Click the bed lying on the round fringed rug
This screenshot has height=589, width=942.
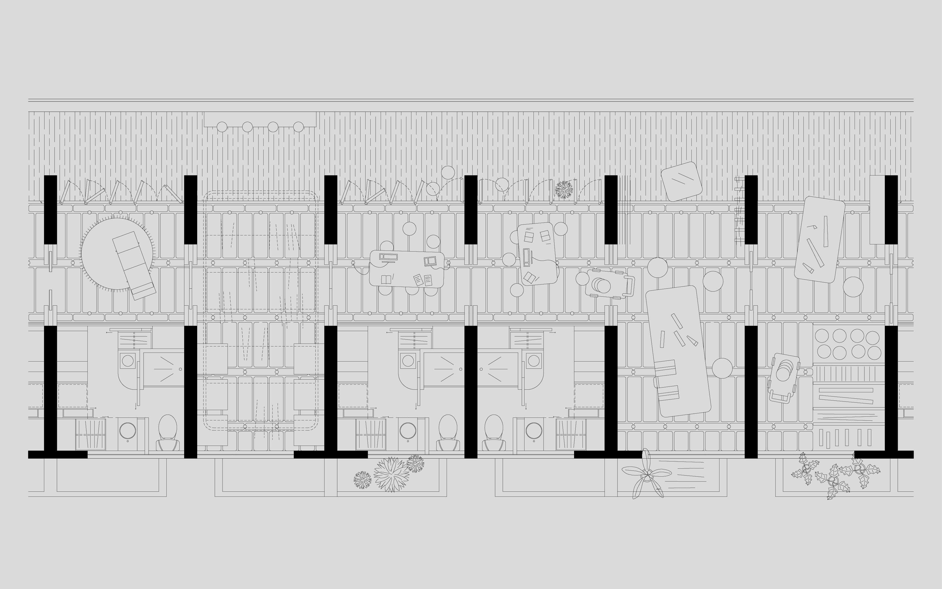(134, 265)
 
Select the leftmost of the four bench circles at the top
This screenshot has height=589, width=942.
(222, 127)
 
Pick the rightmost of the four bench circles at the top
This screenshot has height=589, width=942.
(298, 127)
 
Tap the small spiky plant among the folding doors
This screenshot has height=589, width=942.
(564, 190)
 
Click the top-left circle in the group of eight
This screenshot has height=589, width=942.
(822, 336)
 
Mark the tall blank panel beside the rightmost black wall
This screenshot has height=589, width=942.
(877, 210)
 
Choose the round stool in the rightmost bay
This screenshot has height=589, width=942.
(853, 287)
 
